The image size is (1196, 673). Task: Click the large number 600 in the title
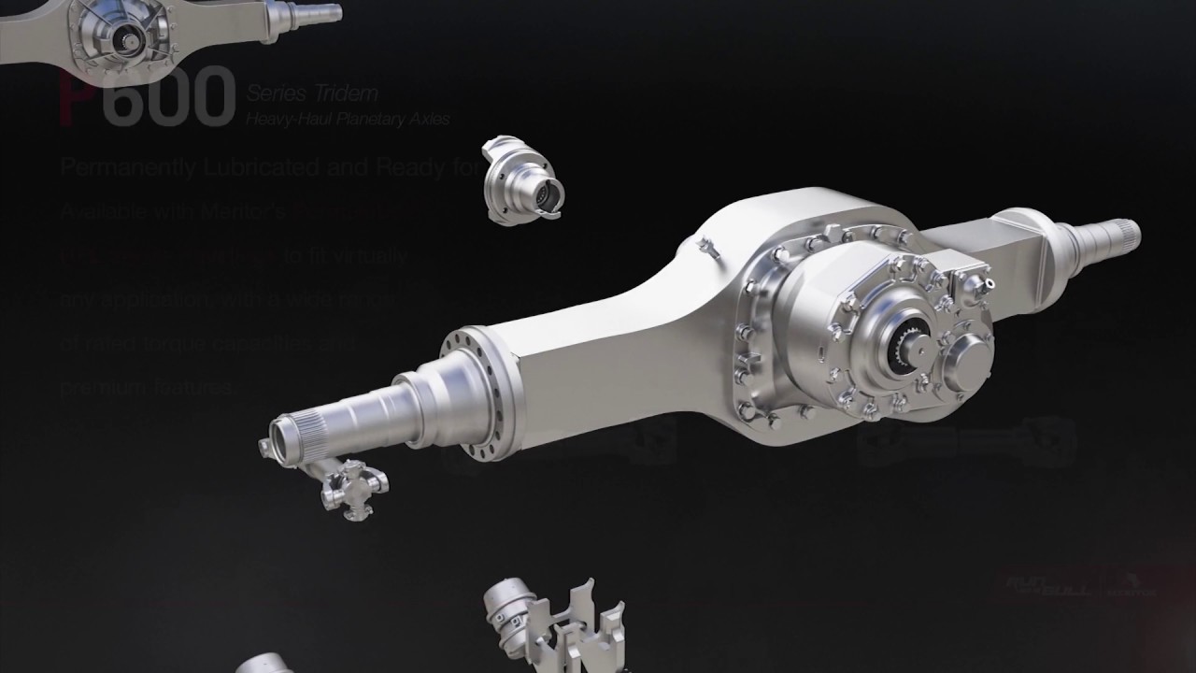pyautogui.click(x=168, y=96)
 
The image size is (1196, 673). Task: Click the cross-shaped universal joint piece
pyautogui.click(x=355, y=487)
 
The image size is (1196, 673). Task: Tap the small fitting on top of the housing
pyautogui.click(x=708, y=247)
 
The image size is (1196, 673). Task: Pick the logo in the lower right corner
pyautogui.click(x=1080, y=585)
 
